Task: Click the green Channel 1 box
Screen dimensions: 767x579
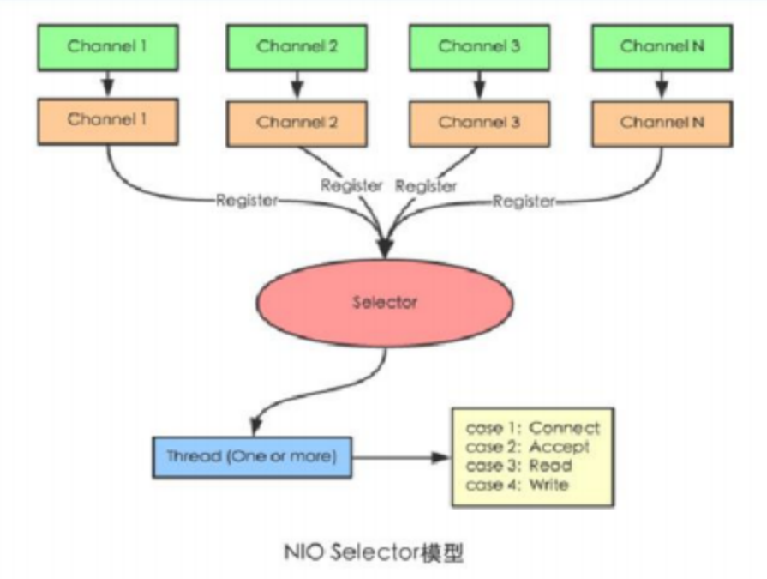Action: tap(108, 47)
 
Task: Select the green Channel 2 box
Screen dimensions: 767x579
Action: tap(297, 47)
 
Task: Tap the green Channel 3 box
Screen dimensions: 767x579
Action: tap(479, 47)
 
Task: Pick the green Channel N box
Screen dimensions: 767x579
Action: tap(662, 47)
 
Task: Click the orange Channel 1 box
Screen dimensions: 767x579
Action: tap(108, 122)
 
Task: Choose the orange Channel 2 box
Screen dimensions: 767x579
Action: tap(297, 124)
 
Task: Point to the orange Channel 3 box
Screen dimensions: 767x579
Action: tap(479, 124)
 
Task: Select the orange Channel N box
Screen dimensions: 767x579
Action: tap(662, 124)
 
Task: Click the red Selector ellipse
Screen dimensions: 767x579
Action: tap(385, 303)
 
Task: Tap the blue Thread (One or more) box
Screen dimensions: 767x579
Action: tap(252, 457)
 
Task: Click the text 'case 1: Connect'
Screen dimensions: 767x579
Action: tap(533, 428)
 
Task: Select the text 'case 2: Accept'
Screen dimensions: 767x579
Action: tap(527, 447)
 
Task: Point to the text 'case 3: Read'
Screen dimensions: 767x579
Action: tap(519, 466)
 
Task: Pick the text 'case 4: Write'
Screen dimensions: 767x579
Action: tap(517, 485)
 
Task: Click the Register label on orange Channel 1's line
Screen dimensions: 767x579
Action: tap(247, 201)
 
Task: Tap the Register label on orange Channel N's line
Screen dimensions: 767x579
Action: tap(524, 202)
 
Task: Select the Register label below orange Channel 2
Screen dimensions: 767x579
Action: tap(351, 185)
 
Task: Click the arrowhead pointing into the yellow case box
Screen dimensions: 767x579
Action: tap(440, 457)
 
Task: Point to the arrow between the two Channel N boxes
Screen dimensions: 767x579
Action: tap(662, 85)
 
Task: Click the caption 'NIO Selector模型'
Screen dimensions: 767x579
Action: tap(374, 552)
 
